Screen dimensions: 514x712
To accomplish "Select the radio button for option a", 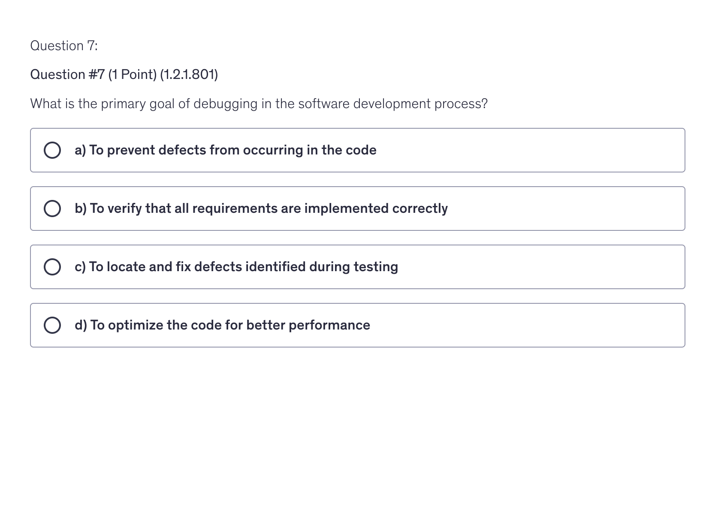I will click(x=52, y=150).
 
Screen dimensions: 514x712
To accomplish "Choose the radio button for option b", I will click(x=52, y=209).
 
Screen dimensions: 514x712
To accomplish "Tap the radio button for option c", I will click(x=52, y=267).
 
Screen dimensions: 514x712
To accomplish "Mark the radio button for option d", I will click(x=52, y=325).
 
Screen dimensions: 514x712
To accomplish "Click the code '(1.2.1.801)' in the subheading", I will click(x=189, y=75).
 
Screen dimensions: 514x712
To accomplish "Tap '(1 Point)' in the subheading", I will click(x=132, y=75).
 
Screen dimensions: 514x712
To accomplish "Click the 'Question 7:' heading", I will click(x=64, y=45).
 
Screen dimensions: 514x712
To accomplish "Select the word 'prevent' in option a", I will click(x=131, y=150).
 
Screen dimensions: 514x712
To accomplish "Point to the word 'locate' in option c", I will click(x=126, y=267).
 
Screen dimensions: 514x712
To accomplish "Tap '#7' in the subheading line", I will click(x=97, y=75).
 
